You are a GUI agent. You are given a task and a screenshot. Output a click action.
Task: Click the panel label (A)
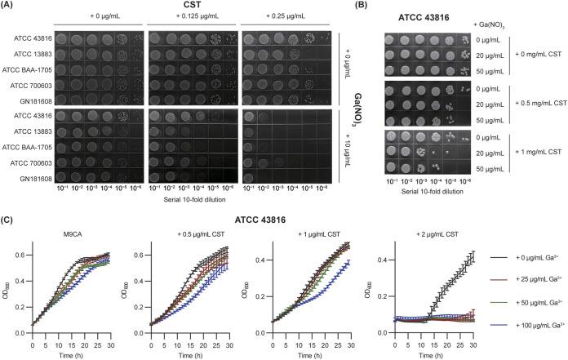pyautogui.click(x=10, y=7)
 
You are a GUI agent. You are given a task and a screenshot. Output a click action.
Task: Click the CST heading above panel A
pyautogui.click(x=197, y=7)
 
